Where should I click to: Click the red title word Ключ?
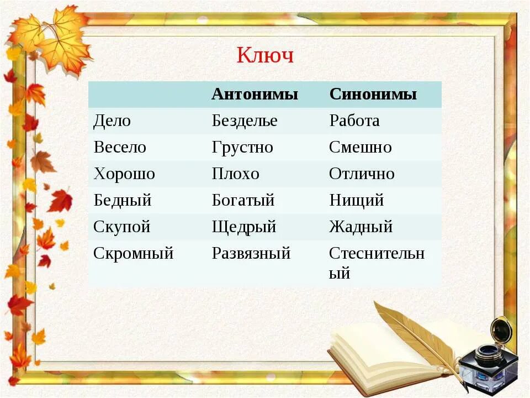tap(265, 56)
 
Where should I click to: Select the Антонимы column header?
tap(255, 94)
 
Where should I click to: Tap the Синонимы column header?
tap(373, 94)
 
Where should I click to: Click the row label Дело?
tap(112, 121)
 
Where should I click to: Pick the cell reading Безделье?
tap(245, 121)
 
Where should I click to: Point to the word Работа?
tap(354, 121)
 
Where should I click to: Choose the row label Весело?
tap(120, 147)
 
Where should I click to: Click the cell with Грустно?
tap(242, 147)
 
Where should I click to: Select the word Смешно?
tap(361, 147)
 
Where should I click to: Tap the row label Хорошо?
tap(124, 174)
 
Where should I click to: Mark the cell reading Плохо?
tap(235, 174)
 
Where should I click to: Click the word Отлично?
tap(362, 174)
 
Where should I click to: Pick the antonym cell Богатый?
tap(243, 200)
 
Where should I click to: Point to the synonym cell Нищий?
tap(356, 200)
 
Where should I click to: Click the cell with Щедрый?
tap(244, 227)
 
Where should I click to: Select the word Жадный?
tap(361, 227)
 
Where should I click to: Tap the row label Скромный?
tap(134, 253)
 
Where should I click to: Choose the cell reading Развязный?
tap(251, 253)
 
